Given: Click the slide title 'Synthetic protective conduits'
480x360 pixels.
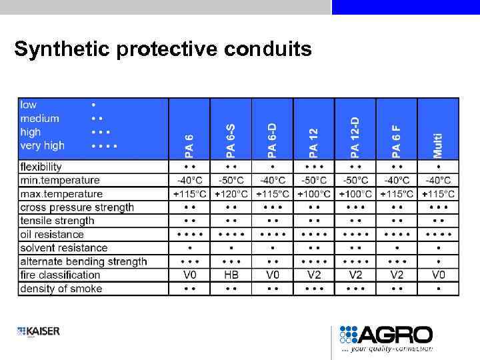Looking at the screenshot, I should coord(163,49).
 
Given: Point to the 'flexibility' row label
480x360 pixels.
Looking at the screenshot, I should coord(41,167).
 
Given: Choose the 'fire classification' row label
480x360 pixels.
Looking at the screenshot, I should coord(60,275).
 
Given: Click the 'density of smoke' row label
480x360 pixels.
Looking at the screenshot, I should coord(61,289).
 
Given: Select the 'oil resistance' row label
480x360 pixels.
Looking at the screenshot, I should coord(52,234).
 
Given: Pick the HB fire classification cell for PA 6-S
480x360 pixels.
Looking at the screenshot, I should coord(231,275).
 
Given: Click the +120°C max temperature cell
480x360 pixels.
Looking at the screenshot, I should coord(231,194).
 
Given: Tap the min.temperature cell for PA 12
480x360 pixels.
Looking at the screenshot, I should coord(314,180).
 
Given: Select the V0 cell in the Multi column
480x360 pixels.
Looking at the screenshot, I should coord(438,275).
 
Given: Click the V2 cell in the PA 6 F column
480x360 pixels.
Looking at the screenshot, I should coord(397,275).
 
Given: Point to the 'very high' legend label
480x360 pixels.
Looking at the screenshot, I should coord(43,145).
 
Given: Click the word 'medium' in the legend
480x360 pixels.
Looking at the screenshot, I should coord(39,119).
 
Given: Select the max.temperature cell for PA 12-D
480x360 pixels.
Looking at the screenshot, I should coord(355,194).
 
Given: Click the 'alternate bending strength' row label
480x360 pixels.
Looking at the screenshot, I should coord(83,261).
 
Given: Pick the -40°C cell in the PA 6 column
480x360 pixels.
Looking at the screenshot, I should coord(189,180).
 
